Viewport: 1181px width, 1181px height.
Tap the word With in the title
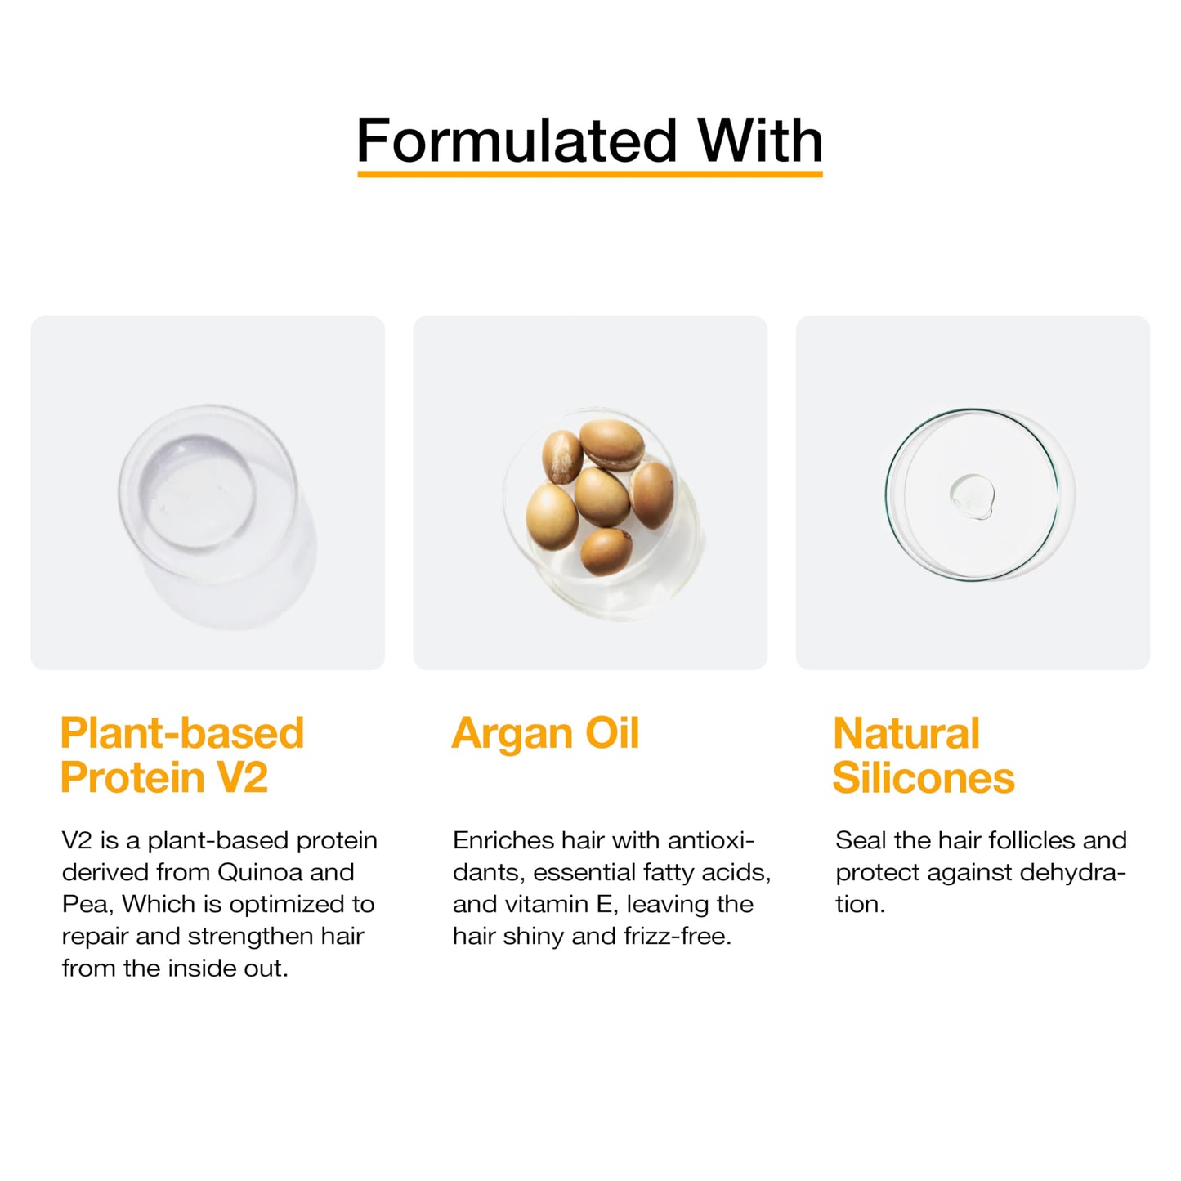tap(759, 141)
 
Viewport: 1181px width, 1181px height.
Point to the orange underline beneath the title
tap(589, 174)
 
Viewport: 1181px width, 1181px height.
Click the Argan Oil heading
tap(545, 733)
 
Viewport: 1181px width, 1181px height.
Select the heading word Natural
tap(906, 733)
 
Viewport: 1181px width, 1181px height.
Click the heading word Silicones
tap(924, 777)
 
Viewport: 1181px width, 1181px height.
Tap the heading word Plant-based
tap(181, 733)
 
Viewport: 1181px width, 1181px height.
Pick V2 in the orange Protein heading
tap(243, 777)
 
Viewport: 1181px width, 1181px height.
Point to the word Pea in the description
tap(83, 904)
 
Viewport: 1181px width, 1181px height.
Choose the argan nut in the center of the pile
tap(602, 495)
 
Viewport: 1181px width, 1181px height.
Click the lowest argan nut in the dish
tap(606, 552)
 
